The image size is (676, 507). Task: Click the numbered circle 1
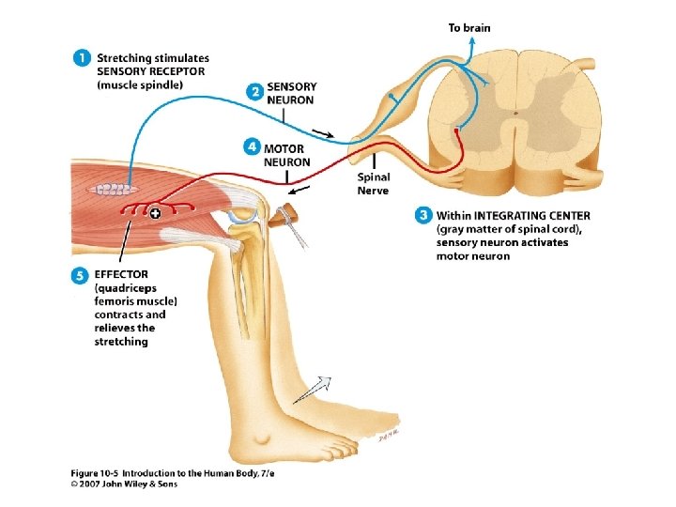tap(83, 58)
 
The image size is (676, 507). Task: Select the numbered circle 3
tap(422, 215)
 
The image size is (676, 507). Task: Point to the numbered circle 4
tap(251, 146)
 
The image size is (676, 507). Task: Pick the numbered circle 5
tap(81, 274)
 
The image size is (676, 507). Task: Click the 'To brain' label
tap(469, 27)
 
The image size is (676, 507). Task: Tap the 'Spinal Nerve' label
tap(373, 184)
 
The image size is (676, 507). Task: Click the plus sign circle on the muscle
tap(155, 214)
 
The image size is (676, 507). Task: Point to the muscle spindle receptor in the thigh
tap(110, 189)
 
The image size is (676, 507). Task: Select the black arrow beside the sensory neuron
tap(322, 134)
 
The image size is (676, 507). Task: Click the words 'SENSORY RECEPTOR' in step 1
tap(150, 71)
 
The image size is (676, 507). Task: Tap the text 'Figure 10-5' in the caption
tap(95, 471)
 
